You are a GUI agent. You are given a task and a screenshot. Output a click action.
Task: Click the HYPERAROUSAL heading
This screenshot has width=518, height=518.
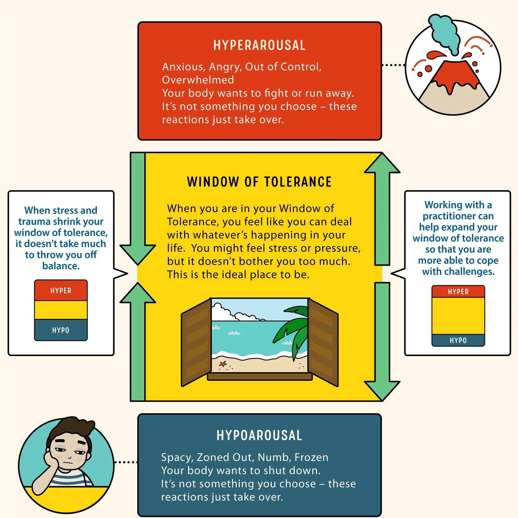[x=259, y=45]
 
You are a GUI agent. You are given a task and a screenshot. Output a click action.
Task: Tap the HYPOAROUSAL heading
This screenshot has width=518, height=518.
[x=259, y=435]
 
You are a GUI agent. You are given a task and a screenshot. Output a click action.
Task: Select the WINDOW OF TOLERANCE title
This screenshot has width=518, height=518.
[x=259, y=182]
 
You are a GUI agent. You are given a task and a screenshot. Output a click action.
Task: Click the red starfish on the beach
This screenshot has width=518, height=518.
[x=223, y=364]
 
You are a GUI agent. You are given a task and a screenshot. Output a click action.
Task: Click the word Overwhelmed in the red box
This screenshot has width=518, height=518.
[x=198, y=80]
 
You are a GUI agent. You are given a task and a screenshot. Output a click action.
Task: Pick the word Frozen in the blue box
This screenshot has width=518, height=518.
[x=311, y=457]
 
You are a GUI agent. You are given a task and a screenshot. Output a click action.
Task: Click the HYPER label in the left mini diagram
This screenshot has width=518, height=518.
[x=61, y=291]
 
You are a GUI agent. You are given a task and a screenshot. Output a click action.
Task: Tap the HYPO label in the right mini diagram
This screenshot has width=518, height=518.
[x=458, y=341]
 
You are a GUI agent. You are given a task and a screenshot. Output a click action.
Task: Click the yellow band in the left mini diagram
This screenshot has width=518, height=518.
[x=61, y=310]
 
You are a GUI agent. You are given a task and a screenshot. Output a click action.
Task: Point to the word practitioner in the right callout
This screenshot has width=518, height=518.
[x=458, y=216]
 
